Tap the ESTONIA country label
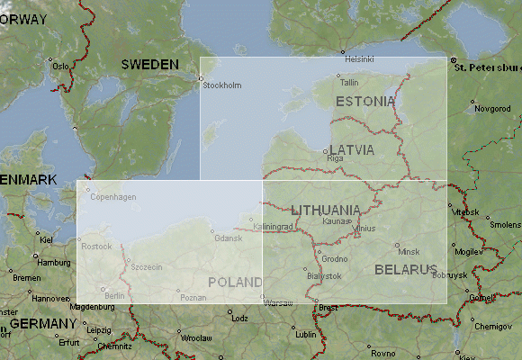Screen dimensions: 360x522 coord(364,102)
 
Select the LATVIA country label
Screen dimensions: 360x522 coord(351,149)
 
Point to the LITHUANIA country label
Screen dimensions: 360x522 coord(326,211)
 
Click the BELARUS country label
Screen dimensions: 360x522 coord(406,269)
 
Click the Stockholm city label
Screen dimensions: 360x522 coord(223,85)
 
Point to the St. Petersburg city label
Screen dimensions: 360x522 coord(486,67)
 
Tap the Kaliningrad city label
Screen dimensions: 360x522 coord(274,227)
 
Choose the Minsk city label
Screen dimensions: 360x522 coord(409,251)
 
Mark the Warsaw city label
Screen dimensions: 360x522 coord(279,303)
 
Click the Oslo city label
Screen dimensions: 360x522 coord(61,66)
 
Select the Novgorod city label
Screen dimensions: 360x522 coord(492,108)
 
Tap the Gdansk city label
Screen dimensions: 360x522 coord(229,238)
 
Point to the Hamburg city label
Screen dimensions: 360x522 coord(55,262)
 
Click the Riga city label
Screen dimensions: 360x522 coord(336,158)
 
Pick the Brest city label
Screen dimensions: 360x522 coord(328,307)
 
